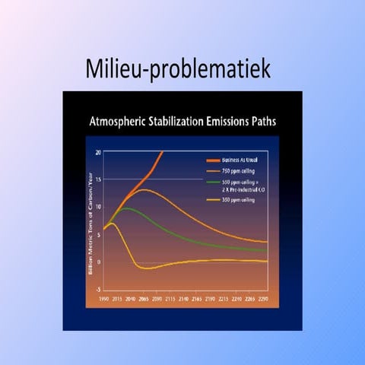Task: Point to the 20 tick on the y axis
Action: pos(98,151)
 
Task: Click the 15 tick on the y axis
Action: pos(98,179)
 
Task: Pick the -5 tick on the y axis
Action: pos(98,290)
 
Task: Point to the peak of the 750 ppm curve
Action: pos(145,189)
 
